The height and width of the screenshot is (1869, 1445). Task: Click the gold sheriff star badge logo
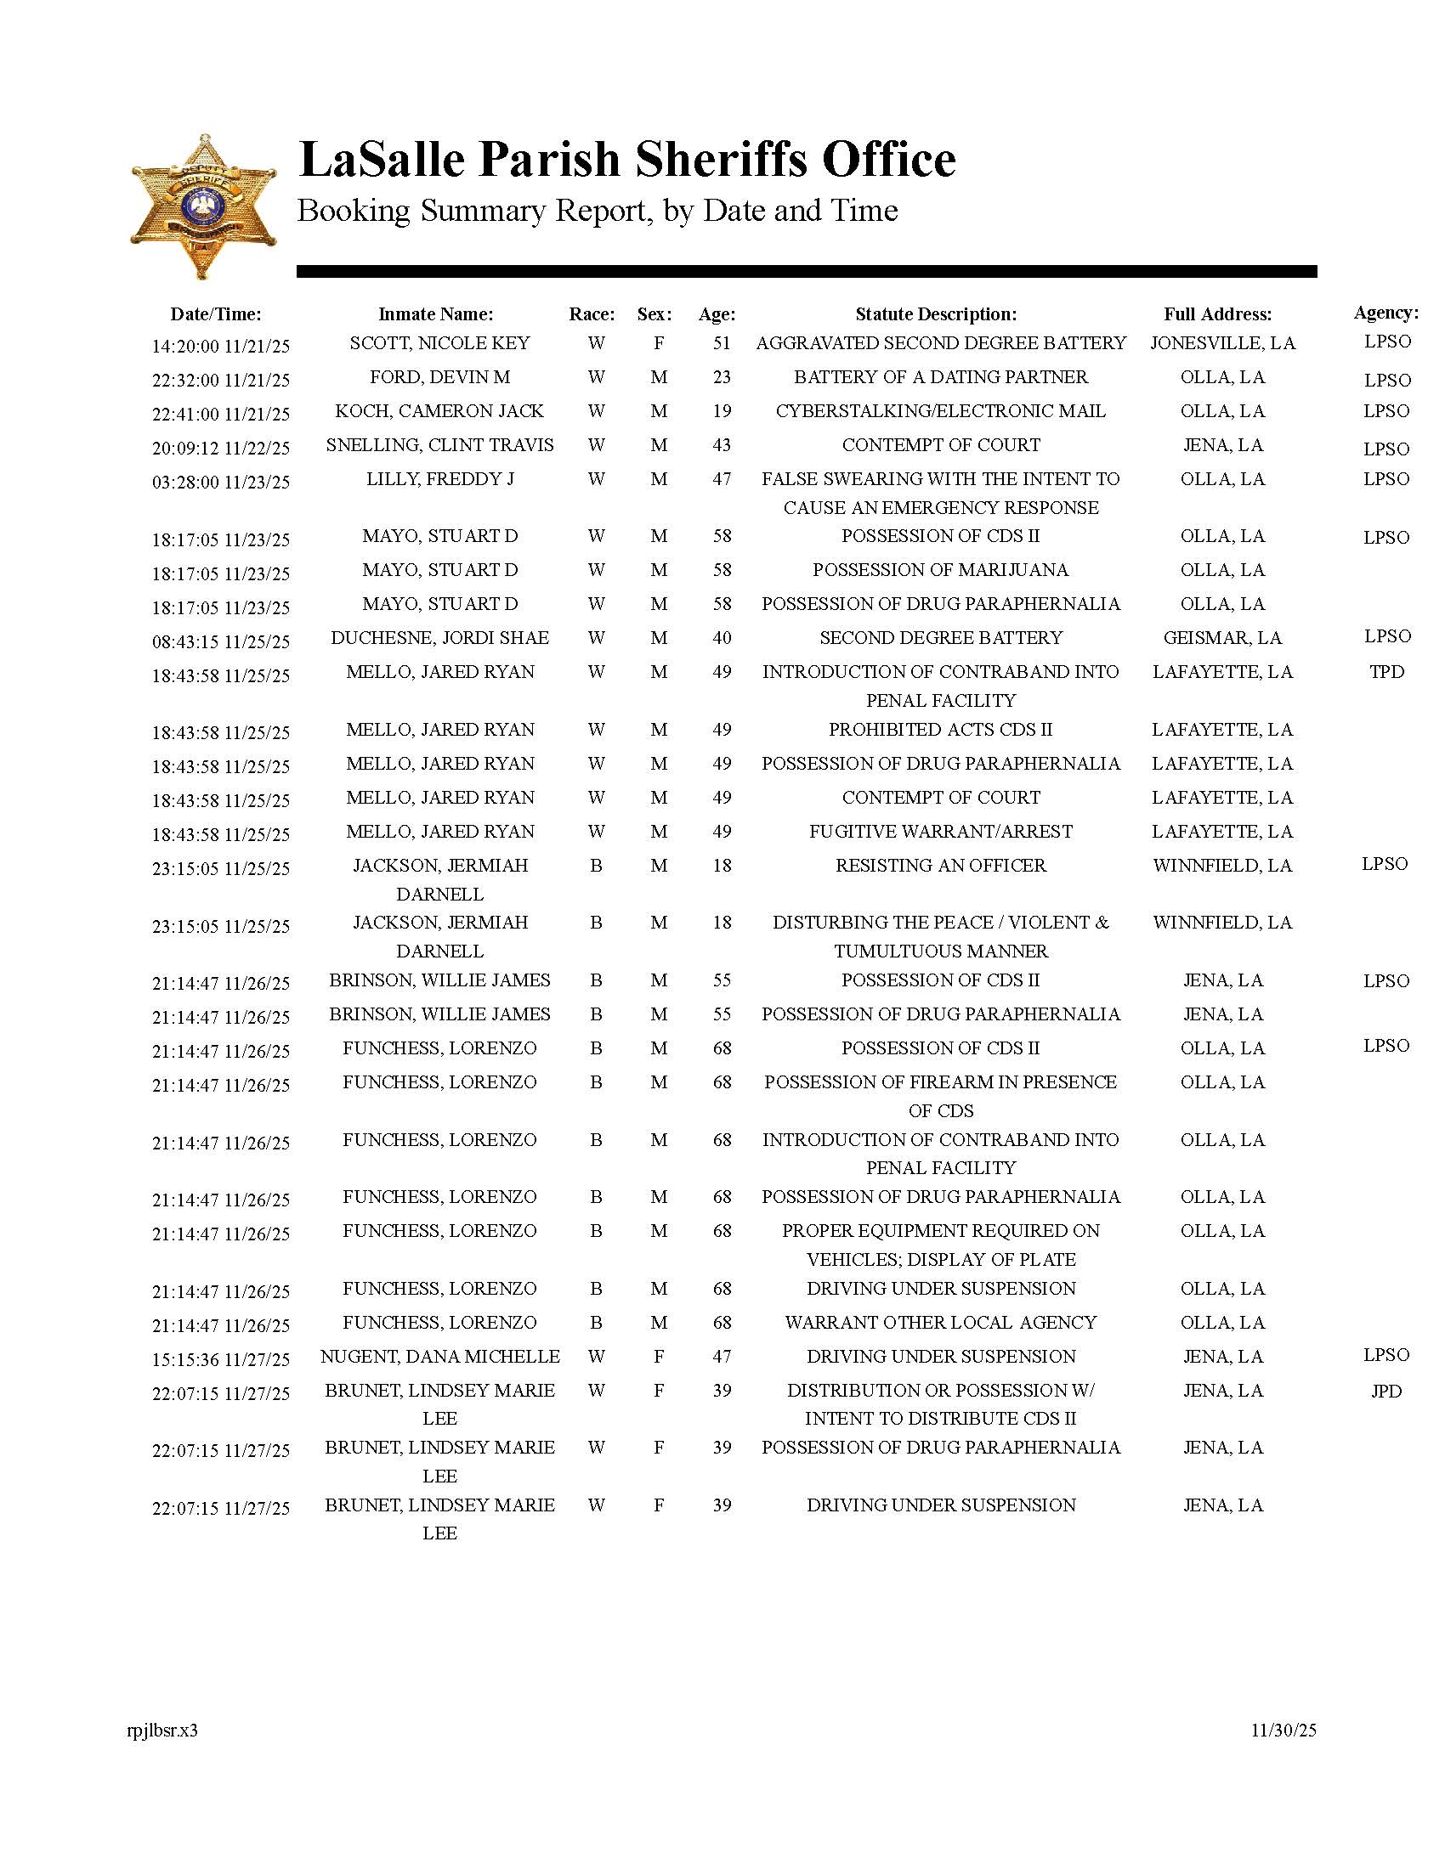(x=203, y=206)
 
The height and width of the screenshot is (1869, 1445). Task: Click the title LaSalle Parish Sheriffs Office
(x=626, y=160)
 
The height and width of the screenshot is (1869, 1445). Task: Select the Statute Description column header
(x=936, y=314)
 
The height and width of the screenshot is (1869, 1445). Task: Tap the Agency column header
(x=1385, y=313)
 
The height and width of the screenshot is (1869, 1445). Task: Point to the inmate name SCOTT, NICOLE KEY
(x=439, y=343)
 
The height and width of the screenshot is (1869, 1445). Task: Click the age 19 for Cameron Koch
(x=722, y=412)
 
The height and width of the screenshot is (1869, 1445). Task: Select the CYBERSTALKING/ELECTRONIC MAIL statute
(x=940, y=412)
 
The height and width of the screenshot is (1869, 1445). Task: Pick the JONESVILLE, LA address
(x=1221, y=343)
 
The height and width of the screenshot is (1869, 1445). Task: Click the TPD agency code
(x=1386, y=672)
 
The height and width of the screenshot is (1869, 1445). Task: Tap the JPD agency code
(x=1386, y=1391)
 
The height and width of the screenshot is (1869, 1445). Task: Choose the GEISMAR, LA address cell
(x=1221, y=637)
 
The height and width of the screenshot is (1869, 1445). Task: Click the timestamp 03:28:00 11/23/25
(x=221, y=482)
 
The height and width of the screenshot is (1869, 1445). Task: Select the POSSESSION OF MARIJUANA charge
(x=940, y=570)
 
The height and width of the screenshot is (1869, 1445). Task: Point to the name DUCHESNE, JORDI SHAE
(x=439, y=637)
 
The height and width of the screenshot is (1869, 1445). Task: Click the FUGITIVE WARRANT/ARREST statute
(x=940, y=832)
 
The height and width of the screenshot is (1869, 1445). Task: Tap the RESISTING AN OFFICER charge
(x=940, y=865)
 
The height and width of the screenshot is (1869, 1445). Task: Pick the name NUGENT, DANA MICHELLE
(x=439, y=1357)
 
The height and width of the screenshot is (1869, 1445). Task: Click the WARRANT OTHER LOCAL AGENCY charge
(x=940, y=1322)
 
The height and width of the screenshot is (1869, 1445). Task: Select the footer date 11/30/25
(x=1283, y=1731)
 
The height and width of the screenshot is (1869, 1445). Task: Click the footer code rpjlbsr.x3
(x=161, y=1731)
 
